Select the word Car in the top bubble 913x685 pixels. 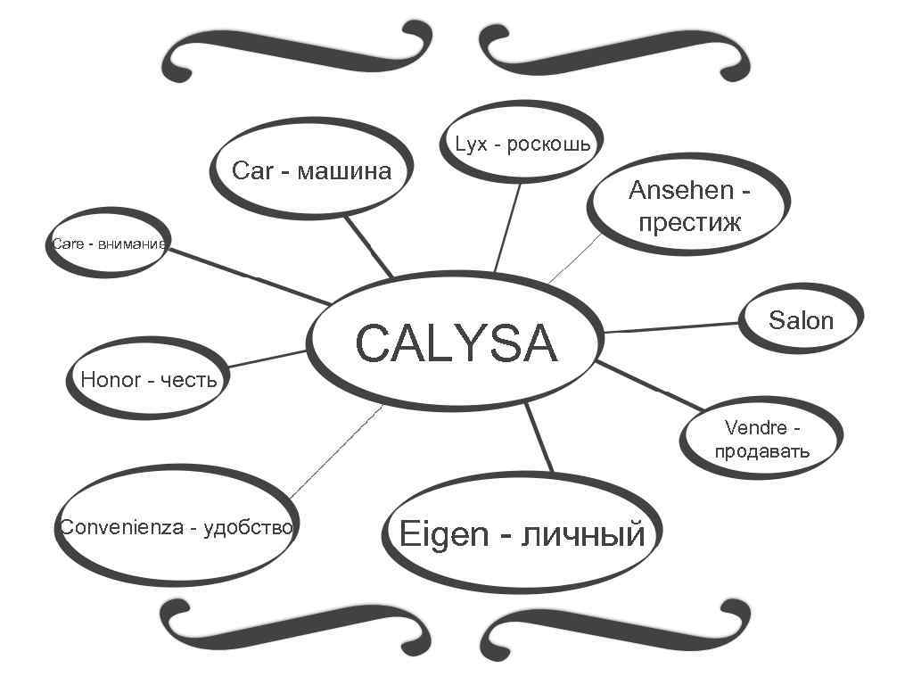pos(251,170)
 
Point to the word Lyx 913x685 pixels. pos(471,144)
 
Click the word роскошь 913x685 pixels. pos(548,144)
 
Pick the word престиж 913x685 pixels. pos(689,221)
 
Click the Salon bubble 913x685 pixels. pos(801,320)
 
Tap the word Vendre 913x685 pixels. pos(756,428)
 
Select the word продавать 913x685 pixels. pos(762,450)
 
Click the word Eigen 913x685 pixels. pos(444,534)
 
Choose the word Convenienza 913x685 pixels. pos(122,527)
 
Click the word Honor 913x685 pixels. pos(111,380)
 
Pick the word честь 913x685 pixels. pos(188,381)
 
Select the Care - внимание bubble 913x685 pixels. pos(108,243)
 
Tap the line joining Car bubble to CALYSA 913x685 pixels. pos(367,246)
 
